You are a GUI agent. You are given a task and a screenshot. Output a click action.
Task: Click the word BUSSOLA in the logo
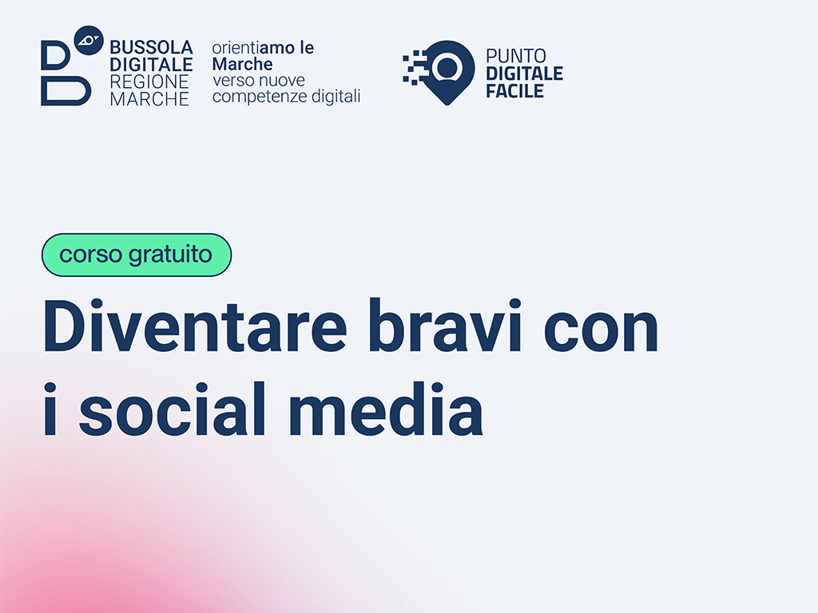151,47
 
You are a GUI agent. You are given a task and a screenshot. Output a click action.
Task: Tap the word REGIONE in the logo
149,82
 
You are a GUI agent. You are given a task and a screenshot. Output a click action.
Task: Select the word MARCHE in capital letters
149,99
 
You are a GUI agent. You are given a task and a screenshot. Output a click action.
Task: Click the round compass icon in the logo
89,40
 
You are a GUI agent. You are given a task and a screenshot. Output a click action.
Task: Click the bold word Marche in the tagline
242,64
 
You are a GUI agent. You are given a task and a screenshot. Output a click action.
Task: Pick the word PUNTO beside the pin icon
516,56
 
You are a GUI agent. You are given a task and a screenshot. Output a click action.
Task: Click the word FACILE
515,91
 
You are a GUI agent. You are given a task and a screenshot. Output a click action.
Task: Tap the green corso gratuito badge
137,255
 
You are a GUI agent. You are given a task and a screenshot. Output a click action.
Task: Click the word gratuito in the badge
171,255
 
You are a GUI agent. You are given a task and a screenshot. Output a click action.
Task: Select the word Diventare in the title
195,326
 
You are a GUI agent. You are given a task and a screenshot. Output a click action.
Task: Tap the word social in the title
173,408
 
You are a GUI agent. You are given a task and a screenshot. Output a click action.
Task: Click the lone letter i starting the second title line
50,408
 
